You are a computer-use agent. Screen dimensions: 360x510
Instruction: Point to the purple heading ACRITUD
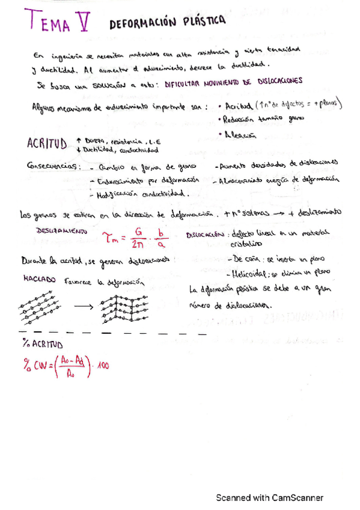coord(46,144)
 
